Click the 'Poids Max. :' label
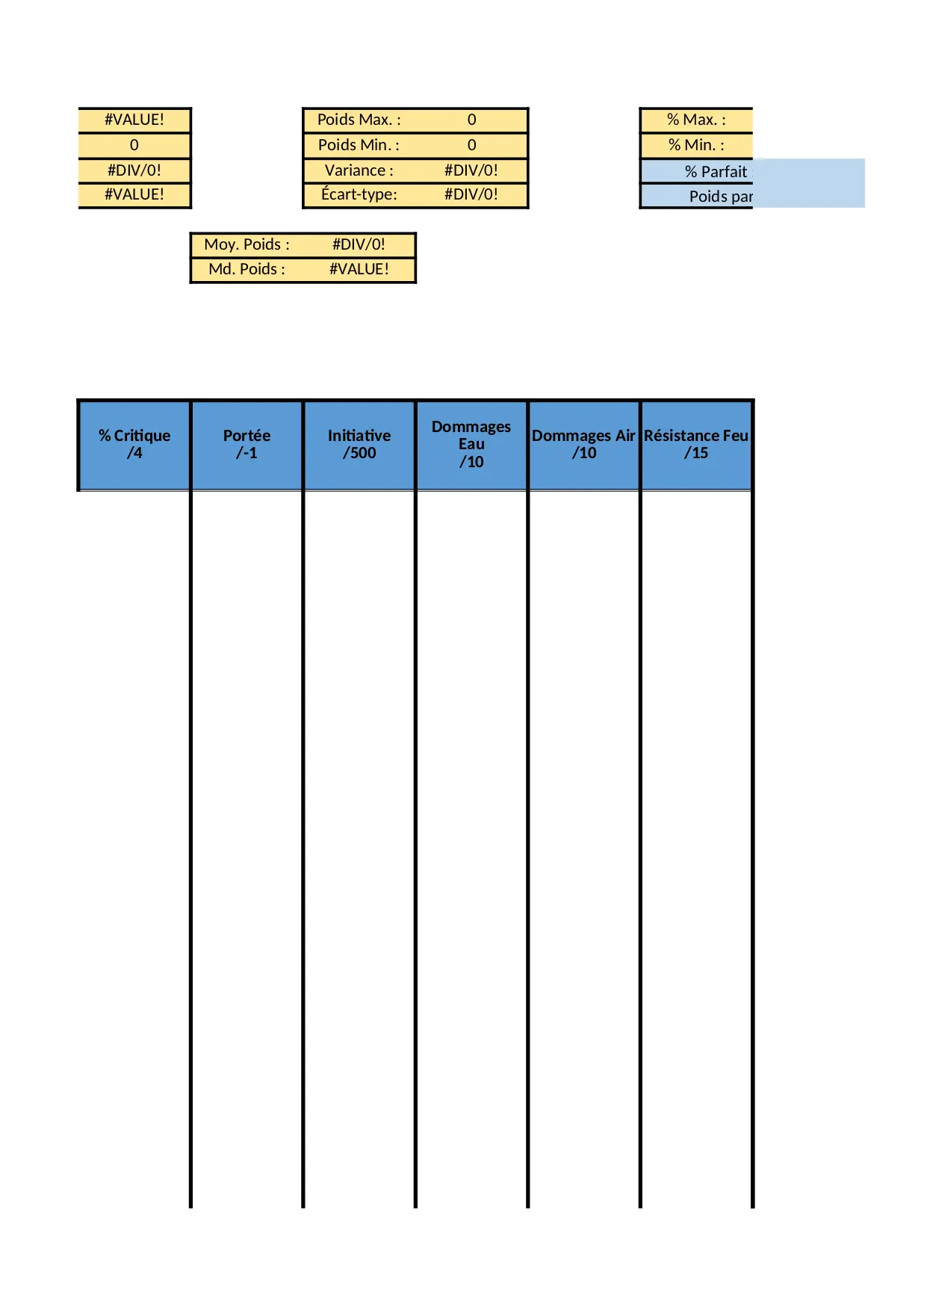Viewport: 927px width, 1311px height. [359, 120]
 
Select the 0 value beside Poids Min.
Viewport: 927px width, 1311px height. [471, 145]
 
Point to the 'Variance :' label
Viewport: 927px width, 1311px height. [359, 170]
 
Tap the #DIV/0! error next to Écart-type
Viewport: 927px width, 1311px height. [471, 194]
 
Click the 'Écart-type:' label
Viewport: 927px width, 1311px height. [359, 194]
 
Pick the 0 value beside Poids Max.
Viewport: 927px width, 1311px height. [471, 120]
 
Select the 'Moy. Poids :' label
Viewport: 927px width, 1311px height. [247, 244]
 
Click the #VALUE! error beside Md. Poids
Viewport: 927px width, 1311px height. [359, 269]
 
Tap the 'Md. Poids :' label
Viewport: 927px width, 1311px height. [247, 269]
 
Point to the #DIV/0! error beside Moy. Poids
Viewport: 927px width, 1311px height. [359, 244]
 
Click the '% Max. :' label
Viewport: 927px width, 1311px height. [696, 120]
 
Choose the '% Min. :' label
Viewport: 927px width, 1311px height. [696, 145]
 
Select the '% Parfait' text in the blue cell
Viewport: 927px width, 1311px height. [716, 172]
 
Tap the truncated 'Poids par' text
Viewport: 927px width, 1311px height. [721, 197]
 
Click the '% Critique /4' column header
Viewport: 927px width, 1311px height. [134, 444]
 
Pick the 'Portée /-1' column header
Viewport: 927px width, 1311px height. [247, 444]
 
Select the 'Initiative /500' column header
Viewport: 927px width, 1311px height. [359, 444]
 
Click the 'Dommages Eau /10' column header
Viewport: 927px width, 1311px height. [471, 444]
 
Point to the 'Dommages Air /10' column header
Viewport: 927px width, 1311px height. [583, 444]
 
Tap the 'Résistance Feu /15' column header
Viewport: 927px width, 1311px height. [696, 444]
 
